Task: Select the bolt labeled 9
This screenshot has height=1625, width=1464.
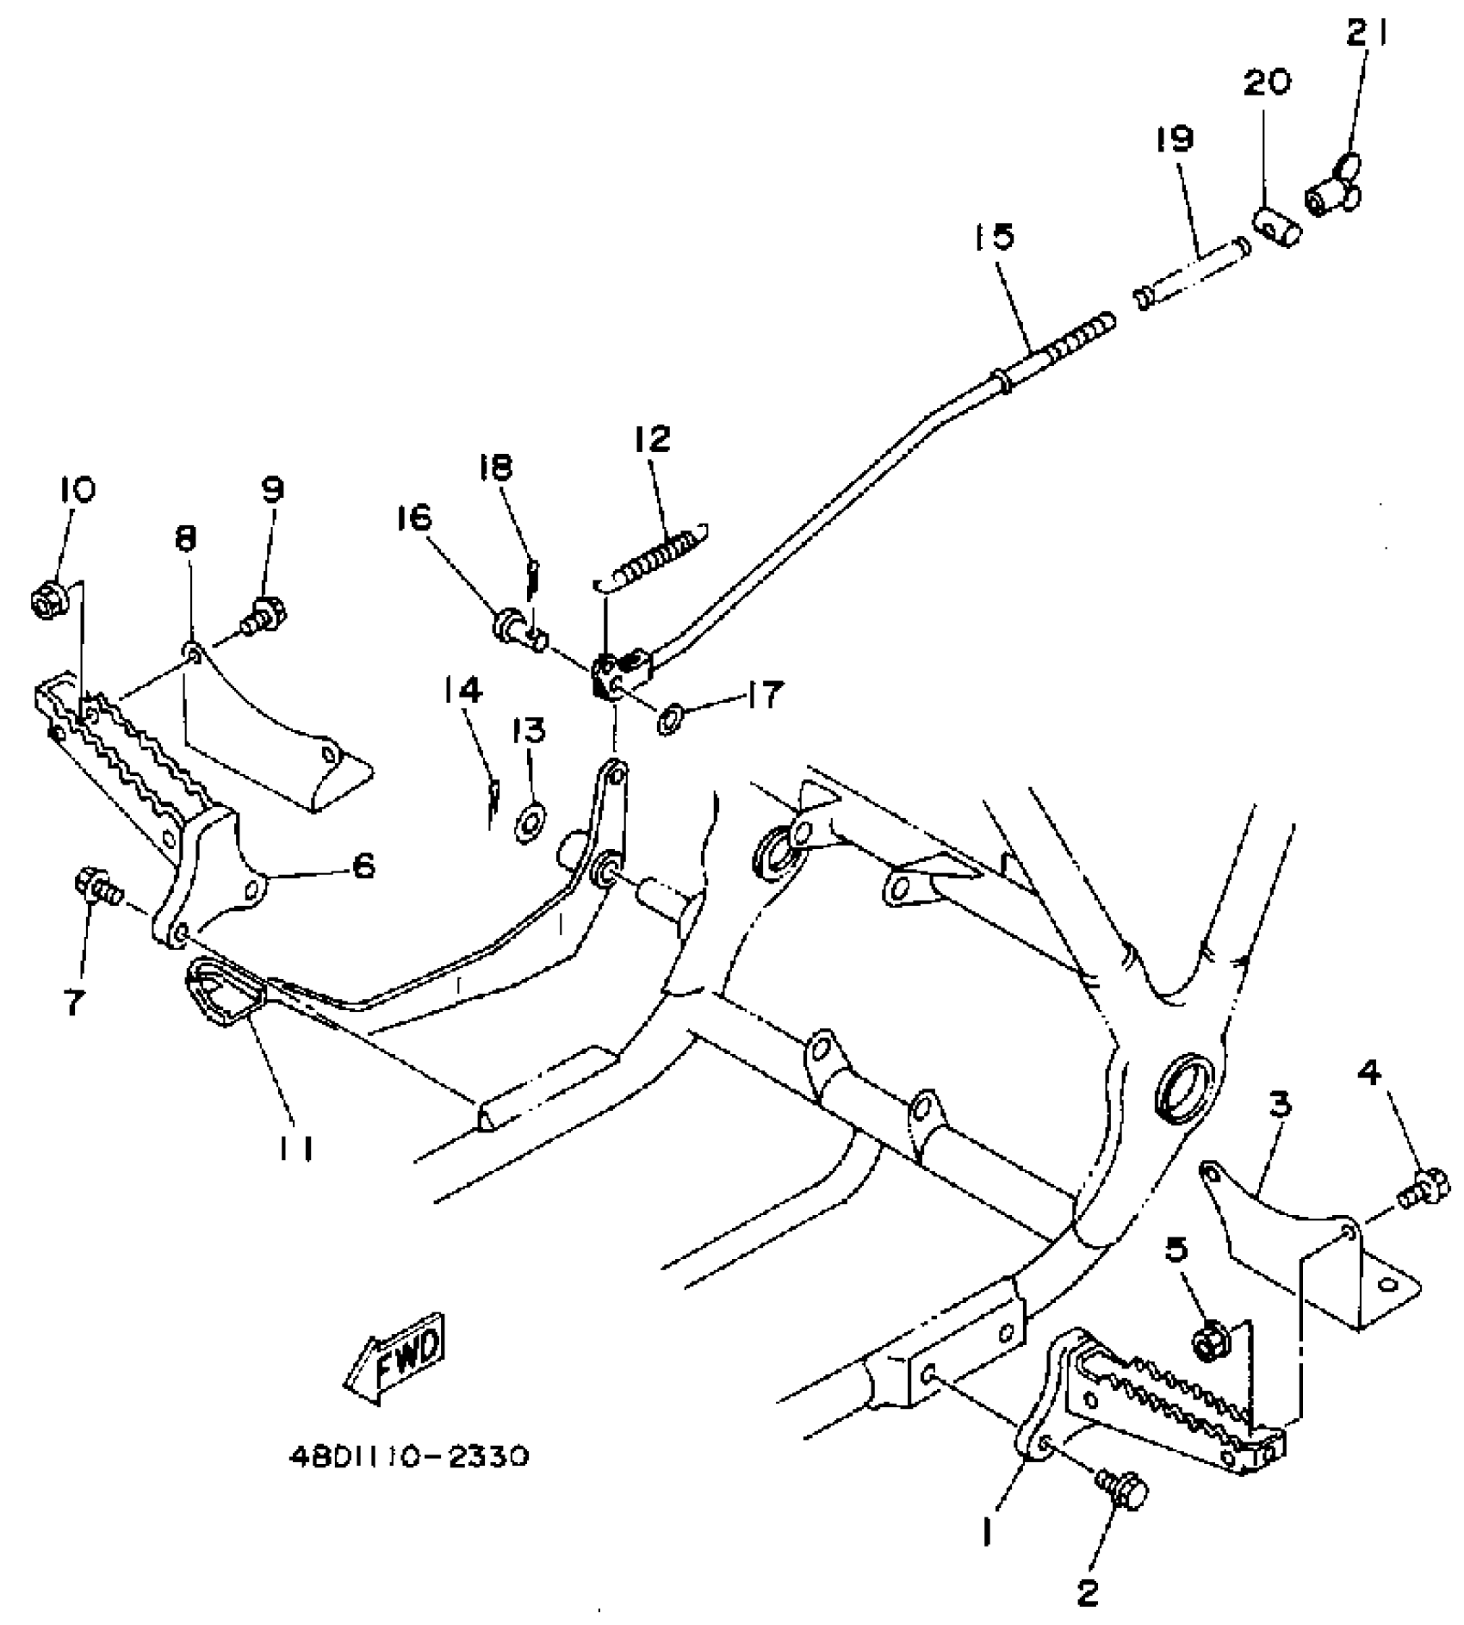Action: [265, 616]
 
